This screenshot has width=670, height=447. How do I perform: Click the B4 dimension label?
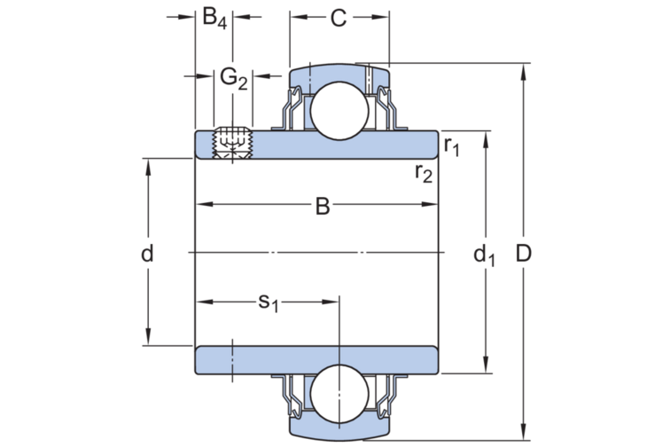click(214, 18)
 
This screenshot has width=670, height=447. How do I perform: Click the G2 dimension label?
click(233, 78)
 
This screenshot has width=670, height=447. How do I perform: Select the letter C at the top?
click(339, 18)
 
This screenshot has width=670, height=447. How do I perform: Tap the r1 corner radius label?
click(451, 145)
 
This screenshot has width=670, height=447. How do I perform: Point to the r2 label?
click(424, 172)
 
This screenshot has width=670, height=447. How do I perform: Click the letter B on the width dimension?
click(323, 207)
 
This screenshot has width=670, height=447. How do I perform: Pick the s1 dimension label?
click(269, 302)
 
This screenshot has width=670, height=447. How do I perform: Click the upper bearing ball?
click(339, 110)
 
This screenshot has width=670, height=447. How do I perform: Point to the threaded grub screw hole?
click(232, 144)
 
